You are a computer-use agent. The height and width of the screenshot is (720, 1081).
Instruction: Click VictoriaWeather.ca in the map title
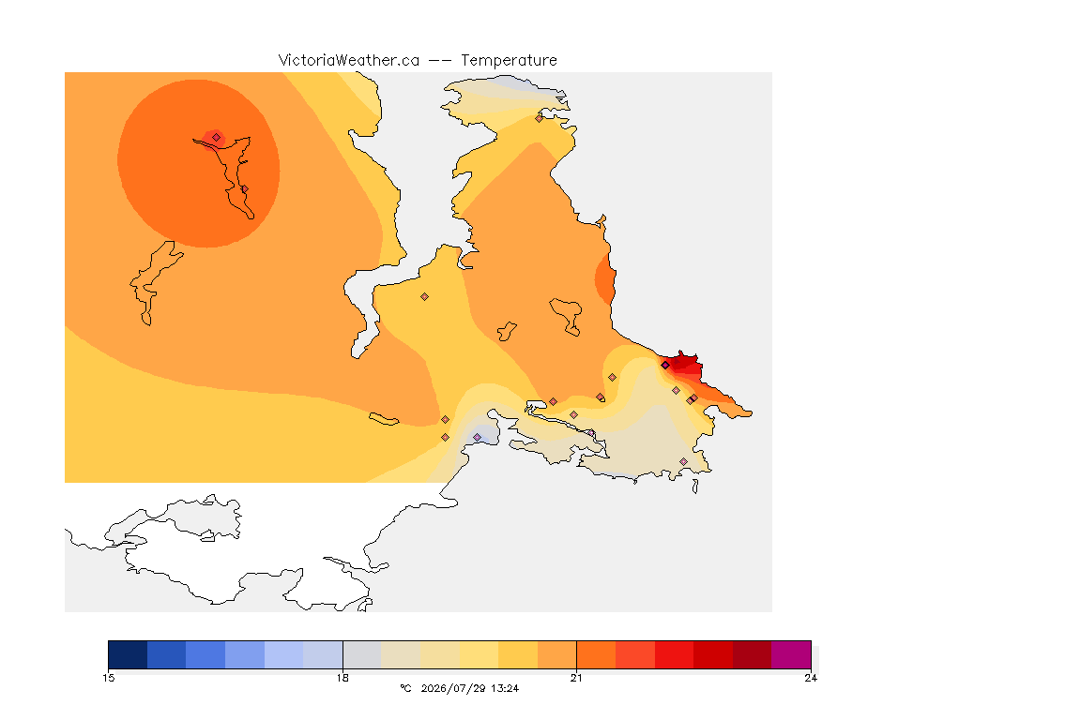point(349,61)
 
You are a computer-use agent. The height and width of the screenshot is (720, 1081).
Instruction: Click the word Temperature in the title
point(509,61)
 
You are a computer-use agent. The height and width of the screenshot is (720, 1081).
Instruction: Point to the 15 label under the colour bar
point(108,678)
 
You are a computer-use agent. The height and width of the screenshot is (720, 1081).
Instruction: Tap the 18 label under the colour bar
point(343,678)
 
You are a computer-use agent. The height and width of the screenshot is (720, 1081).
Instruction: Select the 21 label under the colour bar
point(576,678)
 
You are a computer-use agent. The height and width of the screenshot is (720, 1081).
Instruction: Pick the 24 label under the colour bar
point(811,678)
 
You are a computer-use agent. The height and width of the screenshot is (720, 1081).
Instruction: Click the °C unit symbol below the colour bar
point(405,688)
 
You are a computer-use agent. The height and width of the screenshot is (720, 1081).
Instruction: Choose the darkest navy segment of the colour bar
point(128,654)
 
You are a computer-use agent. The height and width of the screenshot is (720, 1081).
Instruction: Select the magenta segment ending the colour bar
point(791,654)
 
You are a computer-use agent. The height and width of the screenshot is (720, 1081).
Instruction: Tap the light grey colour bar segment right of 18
point(362,654)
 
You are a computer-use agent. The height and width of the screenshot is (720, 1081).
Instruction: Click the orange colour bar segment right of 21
point(596,654)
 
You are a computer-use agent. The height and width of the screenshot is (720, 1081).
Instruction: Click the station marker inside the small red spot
point(217,138)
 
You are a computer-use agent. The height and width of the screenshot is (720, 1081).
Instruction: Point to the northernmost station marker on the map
point(540,118)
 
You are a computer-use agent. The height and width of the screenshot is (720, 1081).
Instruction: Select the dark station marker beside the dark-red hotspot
point(665,366)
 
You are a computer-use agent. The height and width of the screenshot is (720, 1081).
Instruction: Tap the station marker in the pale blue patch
point(477,438)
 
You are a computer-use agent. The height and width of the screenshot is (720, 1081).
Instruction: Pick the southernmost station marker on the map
point(683,461)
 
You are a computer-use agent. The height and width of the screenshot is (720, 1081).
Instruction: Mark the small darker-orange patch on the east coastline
point(605,279)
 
